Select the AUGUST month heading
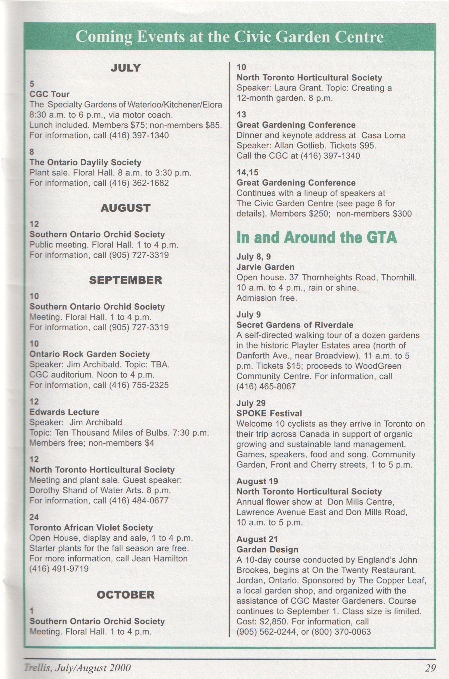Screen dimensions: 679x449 click(x=126, y=208)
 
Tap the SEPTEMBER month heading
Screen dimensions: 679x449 click(x=126, y=280)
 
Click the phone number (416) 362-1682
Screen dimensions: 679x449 click(x=139, y=183)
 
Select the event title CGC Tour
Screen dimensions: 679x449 click(x=50, y=94)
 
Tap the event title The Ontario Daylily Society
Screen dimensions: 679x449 click(x=86, y=162)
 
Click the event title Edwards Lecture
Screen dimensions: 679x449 click(x=64, y=412)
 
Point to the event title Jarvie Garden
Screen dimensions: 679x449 click(x=265, y=267)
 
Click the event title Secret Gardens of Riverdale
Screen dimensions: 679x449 click(x=295, y=325)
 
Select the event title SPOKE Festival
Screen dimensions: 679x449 click(x=269, y=413)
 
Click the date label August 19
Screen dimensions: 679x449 click(x=257, y=481)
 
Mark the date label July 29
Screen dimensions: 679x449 click(x=251, y=403)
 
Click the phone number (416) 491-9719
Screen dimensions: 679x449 click(x=59, y=569)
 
